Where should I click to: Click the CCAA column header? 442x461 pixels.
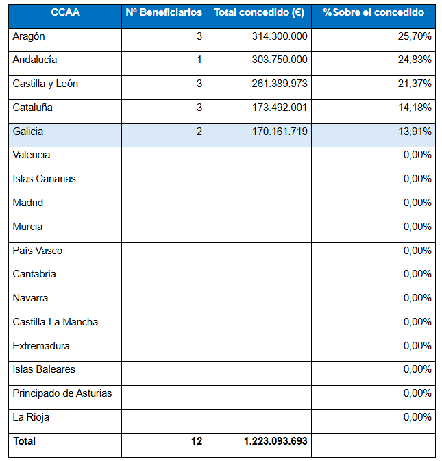[x=65, y=12]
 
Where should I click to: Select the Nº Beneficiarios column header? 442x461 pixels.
[x=164, y=12]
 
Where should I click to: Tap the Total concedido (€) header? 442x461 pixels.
[x=259, y=12]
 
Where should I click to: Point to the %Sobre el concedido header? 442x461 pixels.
[x=373, y=12]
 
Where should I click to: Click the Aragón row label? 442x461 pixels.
[x=29, y=37]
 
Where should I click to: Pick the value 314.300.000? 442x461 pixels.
[x=280, y=36]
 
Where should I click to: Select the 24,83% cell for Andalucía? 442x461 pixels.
[x=415, y=60]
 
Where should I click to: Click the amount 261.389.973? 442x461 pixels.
[x=280, y=84]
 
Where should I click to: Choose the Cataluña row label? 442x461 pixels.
[x=32, y=108]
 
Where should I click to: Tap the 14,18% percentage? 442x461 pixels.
[x=415, y=108]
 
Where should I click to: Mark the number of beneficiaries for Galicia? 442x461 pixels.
[x=199, y=132]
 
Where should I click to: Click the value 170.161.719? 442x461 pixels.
[x=280, y=132]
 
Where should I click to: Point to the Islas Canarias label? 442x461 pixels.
[x=44, y=179]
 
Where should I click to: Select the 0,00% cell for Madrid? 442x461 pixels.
[x=417, y=203]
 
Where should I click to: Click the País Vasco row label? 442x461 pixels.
[x=38, y=251]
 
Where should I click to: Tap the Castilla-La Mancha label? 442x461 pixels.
[x=56, y=322]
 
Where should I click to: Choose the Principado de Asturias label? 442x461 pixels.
[x=62, y=393]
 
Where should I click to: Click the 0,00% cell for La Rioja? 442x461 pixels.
[x=417, y=417]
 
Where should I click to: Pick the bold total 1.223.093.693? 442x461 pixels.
[x=275, y=441]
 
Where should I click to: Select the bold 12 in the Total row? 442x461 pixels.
[x=197, y=441]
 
